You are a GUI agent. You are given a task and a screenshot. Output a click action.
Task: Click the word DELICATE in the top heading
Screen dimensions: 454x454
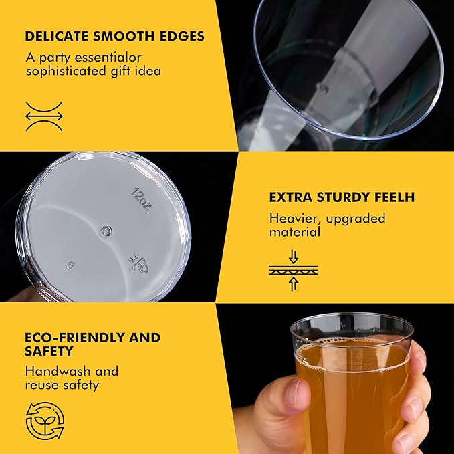point(56,37)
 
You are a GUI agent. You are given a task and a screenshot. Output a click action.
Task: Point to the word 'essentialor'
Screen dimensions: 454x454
point(108,58)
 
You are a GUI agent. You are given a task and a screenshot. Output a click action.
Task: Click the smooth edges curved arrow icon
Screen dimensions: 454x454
point(44,116)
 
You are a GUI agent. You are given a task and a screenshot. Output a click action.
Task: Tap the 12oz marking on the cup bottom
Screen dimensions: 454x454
point(141,199)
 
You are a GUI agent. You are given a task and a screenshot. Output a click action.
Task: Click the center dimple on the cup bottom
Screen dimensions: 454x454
point(107,231)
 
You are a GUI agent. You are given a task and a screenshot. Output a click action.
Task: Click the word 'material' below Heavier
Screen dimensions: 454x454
point(295,232)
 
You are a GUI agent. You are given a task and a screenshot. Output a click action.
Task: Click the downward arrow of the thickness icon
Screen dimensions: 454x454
point(294,257)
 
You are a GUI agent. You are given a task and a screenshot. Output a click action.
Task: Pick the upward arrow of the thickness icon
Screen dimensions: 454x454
point(294,284)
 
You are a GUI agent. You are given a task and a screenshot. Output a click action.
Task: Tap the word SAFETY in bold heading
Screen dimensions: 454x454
point(49,351)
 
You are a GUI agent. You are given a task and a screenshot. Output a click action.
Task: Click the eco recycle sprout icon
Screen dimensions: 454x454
point(45,420)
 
